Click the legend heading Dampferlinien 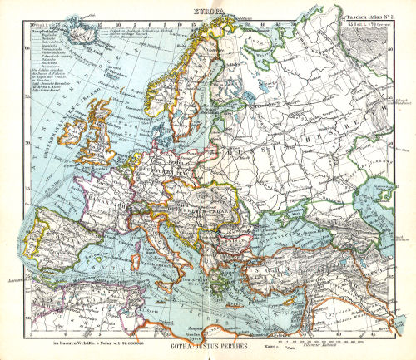tap(42, 38)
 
